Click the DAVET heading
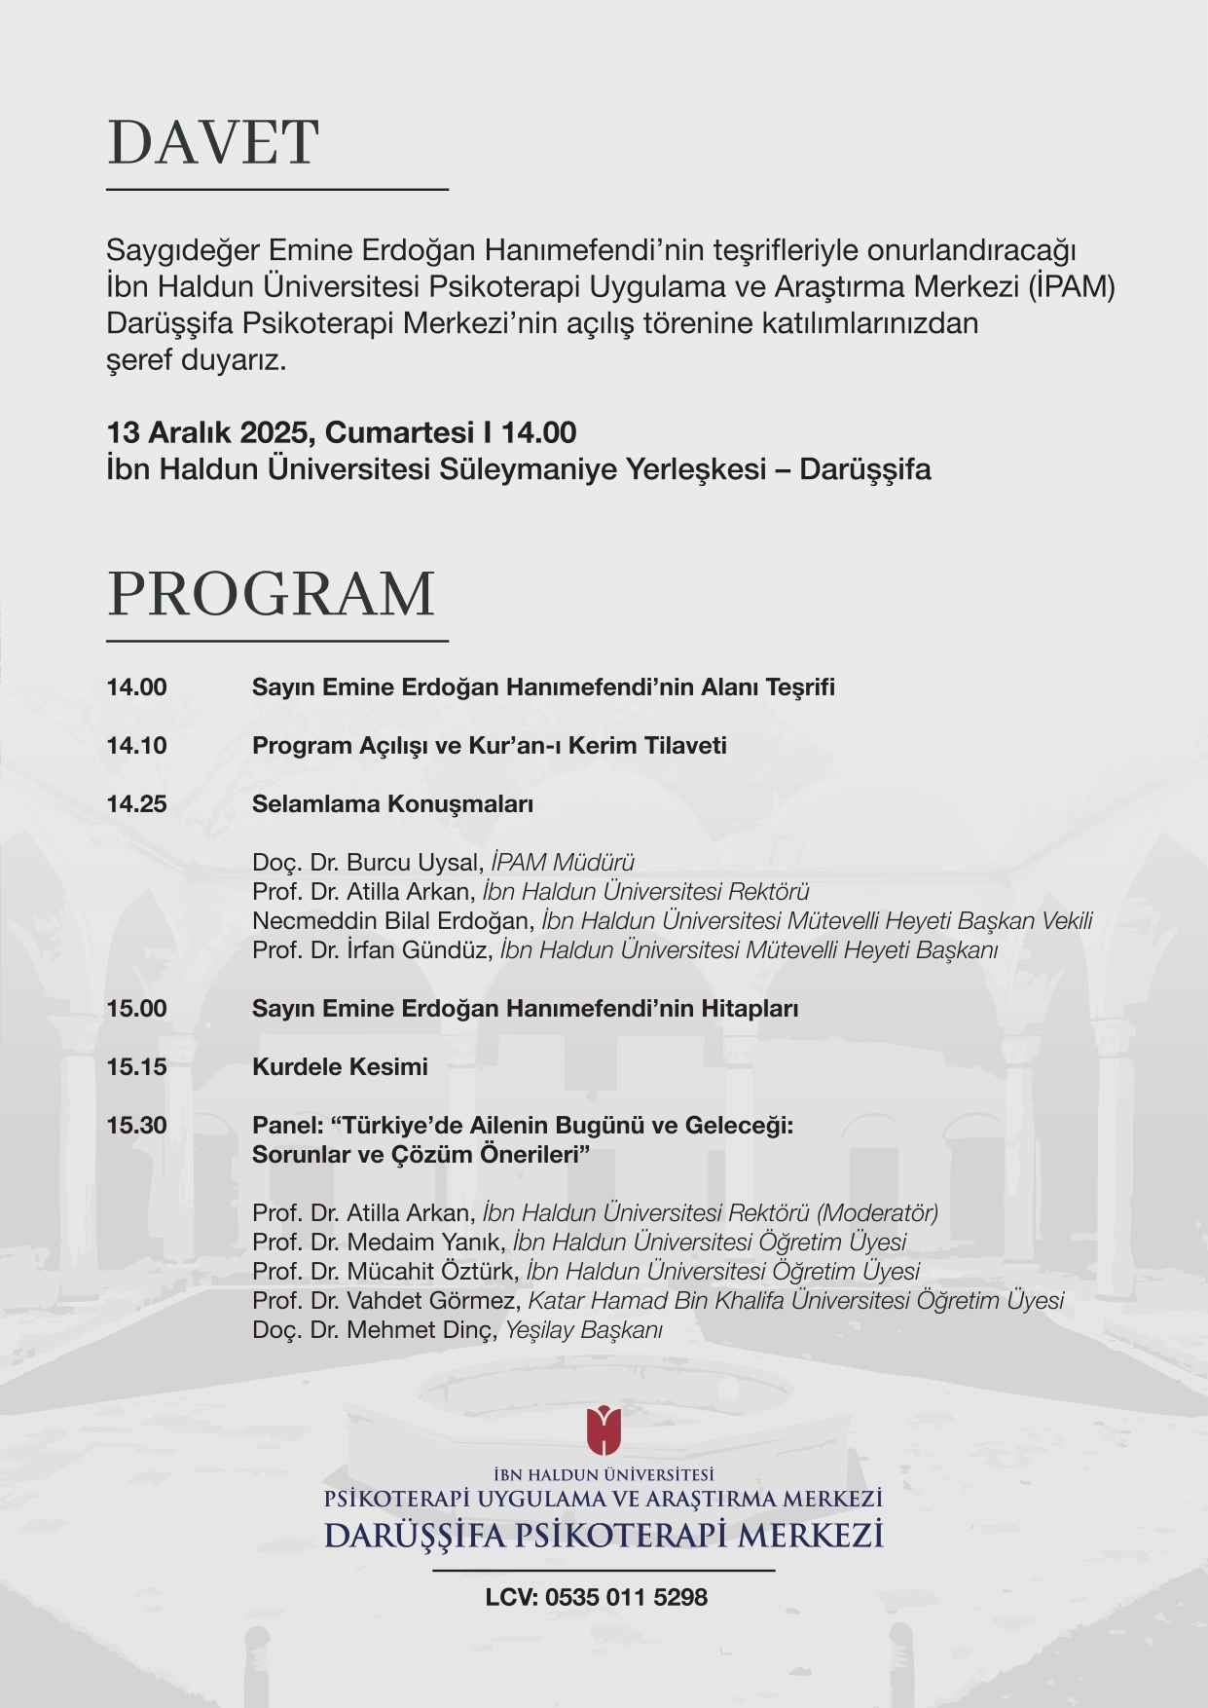(212, 142)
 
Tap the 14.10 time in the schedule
(136, 746)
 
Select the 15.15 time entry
(136, 1067)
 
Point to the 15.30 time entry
(136, 1126)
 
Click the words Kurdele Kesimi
(340, 1067)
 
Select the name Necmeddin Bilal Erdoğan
(392, 921)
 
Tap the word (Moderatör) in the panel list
(878, 1213)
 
